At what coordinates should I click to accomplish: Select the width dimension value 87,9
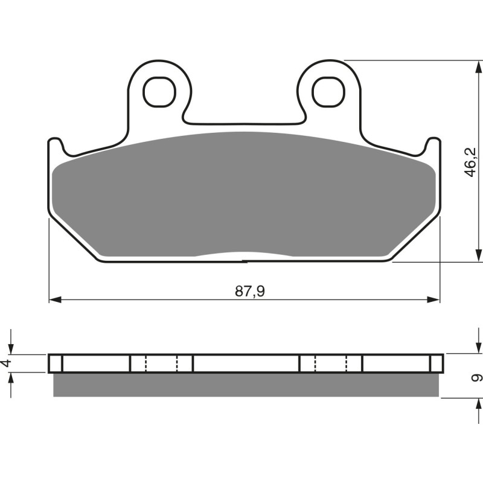click(250, 291)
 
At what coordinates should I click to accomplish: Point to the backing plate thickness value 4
click(7, 363)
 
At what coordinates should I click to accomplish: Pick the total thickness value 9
click(476, 378)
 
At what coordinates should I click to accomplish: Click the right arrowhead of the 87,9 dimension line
click(434, 299)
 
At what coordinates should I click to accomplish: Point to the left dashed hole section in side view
click(161, 363)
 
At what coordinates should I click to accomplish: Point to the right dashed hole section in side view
click(331, 363)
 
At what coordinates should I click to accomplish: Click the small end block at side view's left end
click(56, 363)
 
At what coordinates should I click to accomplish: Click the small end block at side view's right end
click(437, 363)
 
